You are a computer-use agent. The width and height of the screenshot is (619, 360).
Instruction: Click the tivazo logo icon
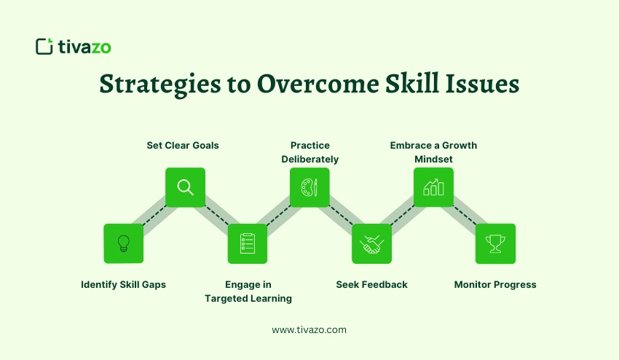(x=44, y=47)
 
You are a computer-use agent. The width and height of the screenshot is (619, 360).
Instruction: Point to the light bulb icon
(x=124, y=243)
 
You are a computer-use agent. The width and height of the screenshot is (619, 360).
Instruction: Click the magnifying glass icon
(x=186, y=187)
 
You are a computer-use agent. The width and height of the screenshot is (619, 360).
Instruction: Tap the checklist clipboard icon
(x=248, y=243)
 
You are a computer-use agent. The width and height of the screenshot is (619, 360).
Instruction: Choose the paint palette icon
(x=309, y=187)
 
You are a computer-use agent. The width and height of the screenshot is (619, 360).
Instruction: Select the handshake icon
(x=371, y=243)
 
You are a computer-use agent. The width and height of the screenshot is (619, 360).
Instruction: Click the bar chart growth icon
(x=433, y=187)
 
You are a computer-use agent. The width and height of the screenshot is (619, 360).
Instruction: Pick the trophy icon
(x=495, y=243)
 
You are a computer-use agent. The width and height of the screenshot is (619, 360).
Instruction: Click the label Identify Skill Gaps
(x=124, y=284)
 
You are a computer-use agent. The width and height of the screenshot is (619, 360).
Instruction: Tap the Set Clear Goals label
(x=183, y=145)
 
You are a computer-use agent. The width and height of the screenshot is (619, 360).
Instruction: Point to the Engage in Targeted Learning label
(x=248, y=291)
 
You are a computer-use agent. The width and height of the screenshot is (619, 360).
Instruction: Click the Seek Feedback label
(x=371, y=284)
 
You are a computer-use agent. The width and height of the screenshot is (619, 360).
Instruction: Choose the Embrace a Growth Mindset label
(x=433, y=152)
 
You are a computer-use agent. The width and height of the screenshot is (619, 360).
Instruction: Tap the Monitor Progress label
(x=495, y=284)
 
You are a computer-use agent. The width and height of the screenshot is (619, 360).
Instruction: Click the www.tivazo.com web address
(x=309, y=329)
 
